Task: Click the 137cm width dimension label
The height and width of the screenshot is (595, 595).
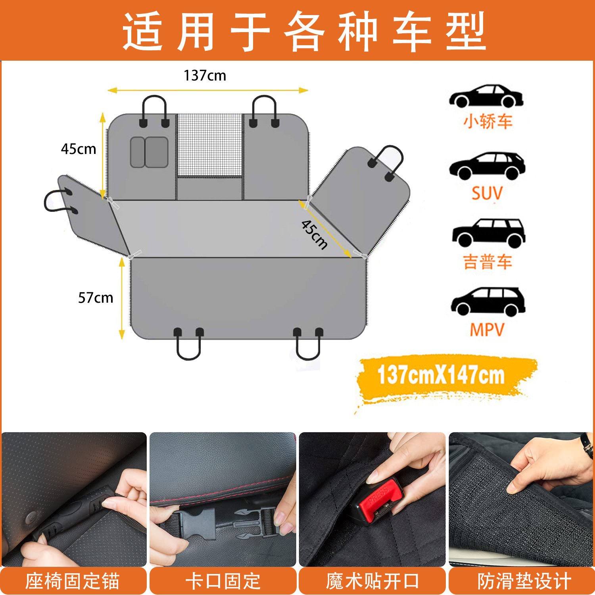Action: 205,75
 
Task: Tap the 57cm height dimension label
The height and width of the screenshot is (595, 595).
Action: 96,297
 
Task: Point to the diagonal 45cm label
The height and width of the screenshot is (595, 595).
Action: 315,234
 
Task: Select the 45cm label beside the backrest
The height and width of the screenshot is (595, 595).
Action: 79,149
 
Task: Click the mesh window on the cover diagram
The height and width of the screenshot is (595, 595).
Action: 209,145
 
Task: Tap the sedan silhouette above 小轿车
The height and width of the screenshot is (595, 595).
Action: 486,96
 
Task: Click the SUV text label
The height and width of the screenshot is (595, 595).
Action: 487,194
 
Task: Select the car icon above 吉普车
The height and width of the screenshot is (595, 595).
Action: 488,233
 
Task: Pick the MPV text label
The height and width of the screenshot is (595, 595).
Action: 487,330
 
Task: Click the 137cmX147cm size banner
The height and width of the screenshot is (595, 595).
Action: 441,375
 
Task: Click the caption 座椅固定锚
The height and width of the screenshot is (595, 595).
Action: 73,582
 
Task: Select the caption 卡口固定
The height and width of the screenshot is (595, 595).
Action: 223,582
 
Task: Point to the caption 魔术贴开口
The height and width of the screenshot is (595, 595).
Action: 372,582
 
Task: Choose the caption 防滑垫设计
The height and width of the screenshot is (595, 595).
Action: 524,582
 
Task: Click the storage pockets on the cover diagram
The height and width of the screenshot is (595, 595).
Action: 149,152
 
